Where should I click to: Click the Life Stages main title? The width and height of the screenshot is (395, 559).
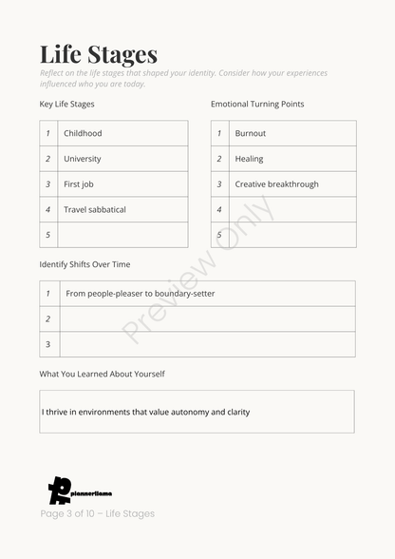click(x=99, y=54)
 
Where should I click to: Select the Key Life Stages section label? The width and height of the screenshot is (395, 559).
click(x=66, y=104)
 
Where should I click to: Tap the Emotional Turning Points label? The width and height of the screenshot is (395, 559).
click(x=257, y=104)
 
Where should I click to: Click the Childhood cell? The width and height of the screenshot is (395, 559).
click(x=83, y=134)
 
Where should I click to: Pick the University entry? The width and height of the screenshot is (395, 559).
click(x=83, y=159)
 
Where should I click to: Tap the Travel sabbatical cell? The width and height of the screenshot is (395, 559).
click(x=95, y=209)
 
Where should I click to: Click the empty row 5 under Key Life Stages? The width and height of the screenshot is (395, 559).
click(x=122, y=235)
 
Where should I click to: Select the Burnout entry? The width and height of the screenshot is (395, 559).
click(x=251, y=134)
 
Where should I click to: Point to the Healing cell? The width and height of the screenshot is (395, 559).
click(x=250, y=159)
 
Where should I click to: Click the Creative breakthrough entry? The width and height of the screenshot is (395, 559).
click(x=276, y=184)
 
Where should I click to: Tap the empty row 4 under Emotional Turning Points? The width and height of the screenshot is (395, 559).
click(x=292, y=209)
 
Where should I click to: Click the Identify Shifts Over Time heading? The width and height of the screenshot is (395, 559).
click(x=85, y=264)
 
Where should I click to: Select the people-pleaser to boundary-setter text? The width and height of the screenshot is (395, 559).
click(x=141, y=294)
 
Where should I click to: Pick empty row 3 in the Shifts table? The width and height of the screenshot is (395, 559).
click(x=206, y=344)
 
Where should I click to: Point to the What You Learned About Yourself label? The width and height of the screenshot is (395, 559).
click(x=102, y=374)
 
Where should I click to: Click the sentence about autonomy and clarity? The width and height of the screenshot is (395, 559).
click(x=146, y=413)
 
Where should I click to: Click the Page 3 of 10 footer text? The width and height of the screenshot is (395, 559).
click(x=97, y=513)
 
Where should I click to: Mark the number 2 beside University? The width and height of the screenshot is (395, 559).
click(x=48, y=159)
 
